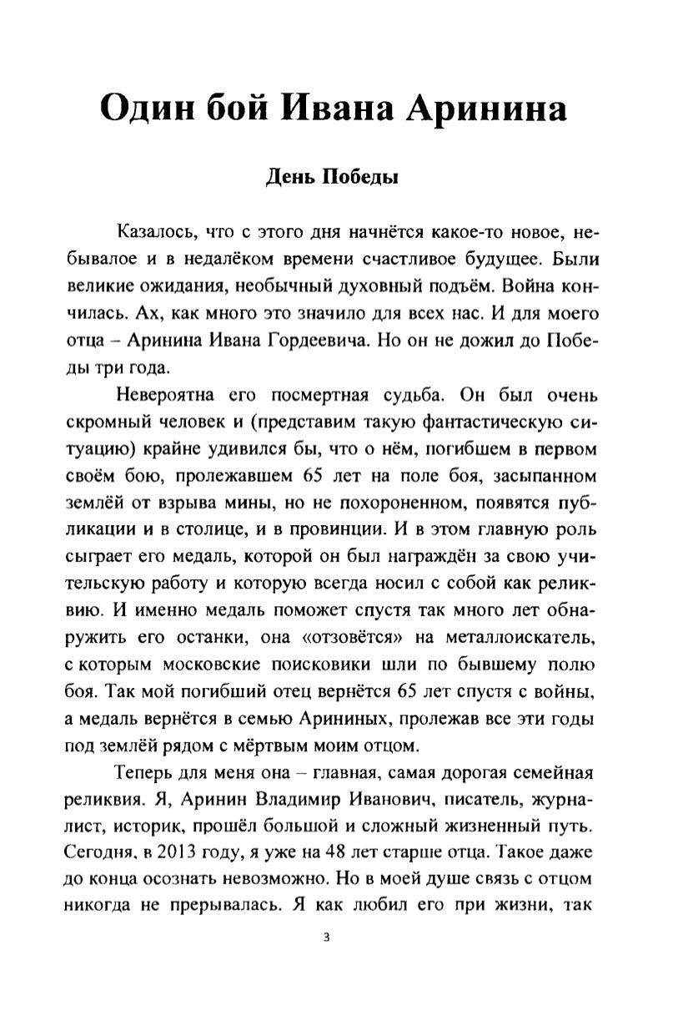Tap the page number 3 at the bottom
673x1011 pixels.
(x=326, y=937)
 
